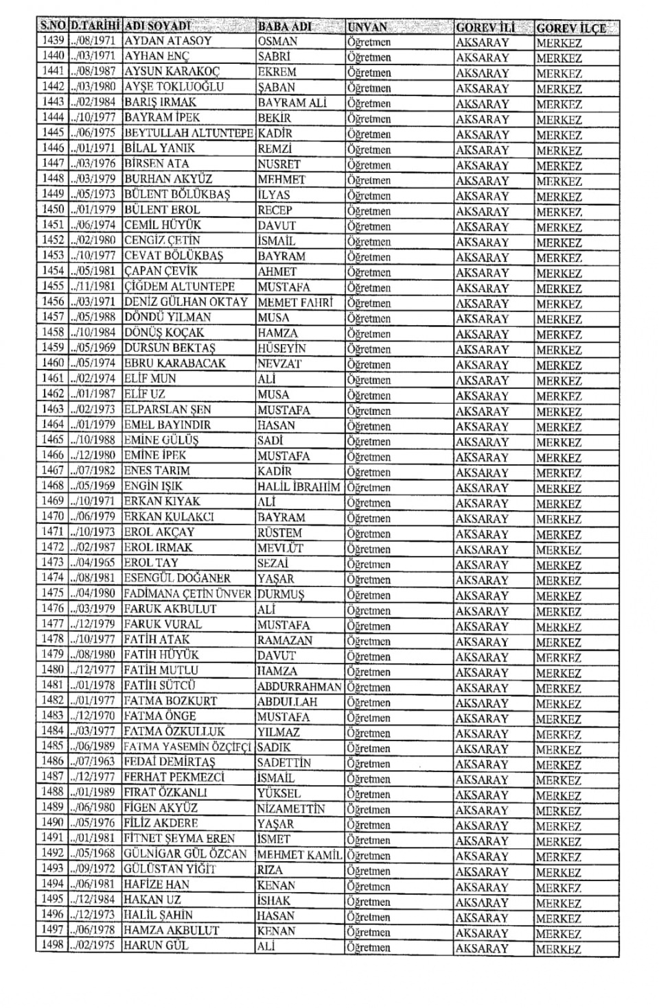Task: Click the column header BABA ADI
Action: tap(284, 27)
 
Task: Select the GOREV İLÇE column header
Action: tap(570, 28)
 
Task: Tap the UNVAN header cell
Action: tap(367, 27)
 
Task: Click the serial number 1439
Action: tap(53, 40)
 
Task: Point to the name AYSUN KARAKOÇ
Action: tap(172, 71)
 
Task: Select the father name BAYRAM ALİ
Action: tap(292, 103)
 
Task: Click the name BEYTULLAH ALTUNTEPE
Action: tap(189, 133)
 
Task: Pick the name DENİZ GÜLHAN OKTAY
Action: tap(185, 302)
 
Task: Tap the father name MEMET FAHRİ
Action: tap(295, 302)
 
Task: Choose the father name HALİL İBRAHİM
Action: tap(299, 486)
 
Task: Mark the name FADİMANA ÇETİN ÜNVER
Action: tap(187, 594)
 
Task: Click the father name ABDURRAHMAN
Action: tap(299, 686)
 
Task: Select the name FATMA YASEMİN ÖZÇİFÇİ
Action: tap(187, 747)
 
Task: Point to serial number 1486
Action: tap(53, 761)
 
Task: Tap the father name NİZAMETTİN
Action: tap(291, 808)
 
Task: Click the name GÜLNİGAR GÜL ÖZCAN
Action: tap(185, 854)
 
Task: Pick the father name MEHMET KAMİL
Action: tap(299, 855)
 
